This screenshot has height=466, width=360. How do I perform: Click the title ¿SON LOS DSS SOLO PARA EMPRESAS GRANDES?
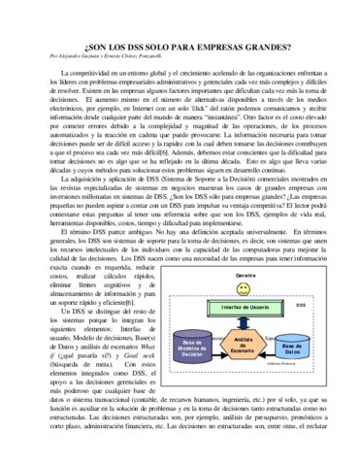[x=180, y=46]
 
